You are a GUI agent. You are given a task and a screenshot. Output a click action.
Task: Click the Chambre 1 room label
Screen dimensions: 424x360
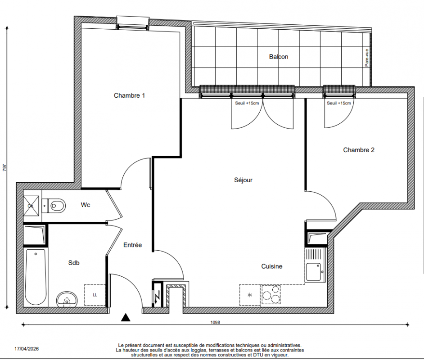pos(129,95)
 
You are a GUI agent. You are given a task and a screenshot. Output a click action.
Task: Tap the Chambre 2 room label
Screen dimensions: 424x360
pos(359,150)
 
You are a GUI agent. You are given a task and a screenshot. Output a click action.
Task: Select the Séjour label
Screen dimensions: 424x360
pos(243,180)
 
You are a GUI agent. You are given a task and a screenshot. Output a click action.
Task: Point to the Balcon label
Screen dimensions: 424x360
pos(279,57)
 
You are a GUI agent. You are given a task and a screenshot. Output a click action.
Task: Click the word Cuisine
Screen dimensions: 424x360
pos(272,266)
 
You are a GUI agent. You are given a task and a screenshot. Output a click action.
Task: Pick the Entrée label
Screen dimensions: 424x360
pos(132,245)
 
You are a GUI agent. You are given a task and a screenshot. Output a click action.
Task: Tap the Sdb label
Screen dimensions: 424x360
pos(74,263)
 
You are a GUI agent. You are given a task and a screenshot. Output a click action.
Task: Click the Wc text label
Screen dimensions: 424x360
pos(86,205)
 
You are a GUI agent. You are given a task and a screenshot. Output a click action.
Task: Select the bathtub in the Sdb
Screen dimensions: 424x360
pos(36,277)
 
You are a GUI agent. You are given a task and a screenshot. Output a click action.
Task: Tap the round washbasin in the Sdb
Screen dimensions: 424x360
pos(67,299)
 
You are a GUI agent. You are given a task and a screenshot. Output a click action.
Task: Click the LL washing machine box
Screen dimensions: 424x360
pos(95,295)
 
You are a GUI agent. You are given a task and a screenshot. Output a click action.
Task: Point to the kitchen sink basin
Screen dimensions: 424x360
pos(314,272)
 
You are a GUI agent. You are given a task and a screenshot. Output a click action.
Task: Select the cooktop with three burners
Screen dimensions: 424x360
pos(271,295)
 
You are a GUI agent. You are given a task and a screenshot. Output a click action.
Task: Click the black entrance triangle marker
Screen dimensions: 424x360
pos(126,317)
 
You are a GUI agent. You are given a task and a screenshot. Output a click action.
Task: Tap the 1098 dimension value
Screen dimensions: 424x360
pos(215,322)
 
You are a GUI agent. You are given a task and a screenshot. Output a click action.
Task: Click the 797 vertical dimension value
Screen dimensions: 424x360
pos(5,167)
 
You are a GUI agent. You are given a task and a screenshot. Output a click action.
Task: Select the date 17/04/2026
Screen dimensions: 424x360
pos(27,349)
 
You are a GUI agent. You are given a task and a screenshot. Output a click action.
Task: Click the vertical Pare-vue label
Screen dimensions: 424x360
pos(367,58)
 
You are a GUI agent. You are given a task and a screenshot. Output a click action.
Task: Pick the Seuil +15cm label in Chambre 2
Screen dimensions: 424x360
pos(339,103)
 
